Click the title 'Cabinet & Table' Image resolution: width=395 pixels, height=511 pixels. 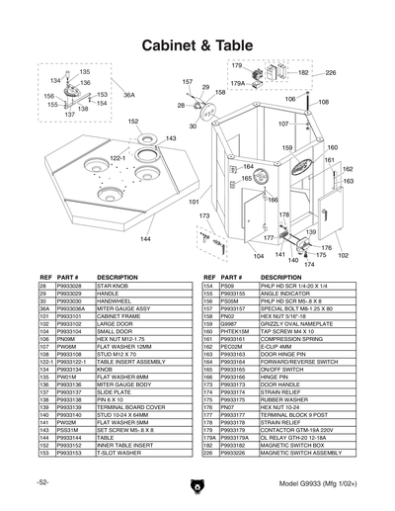point(197,46)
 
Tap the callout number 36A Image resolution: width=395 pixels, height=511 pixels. point(128,95)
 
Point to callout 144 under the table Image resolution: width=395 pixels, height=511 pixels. point(145,239)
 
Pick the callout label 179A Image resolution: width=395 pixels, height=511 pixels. point(238,85)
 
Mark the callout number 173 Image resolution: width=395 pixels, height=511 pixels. point(204,215)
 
